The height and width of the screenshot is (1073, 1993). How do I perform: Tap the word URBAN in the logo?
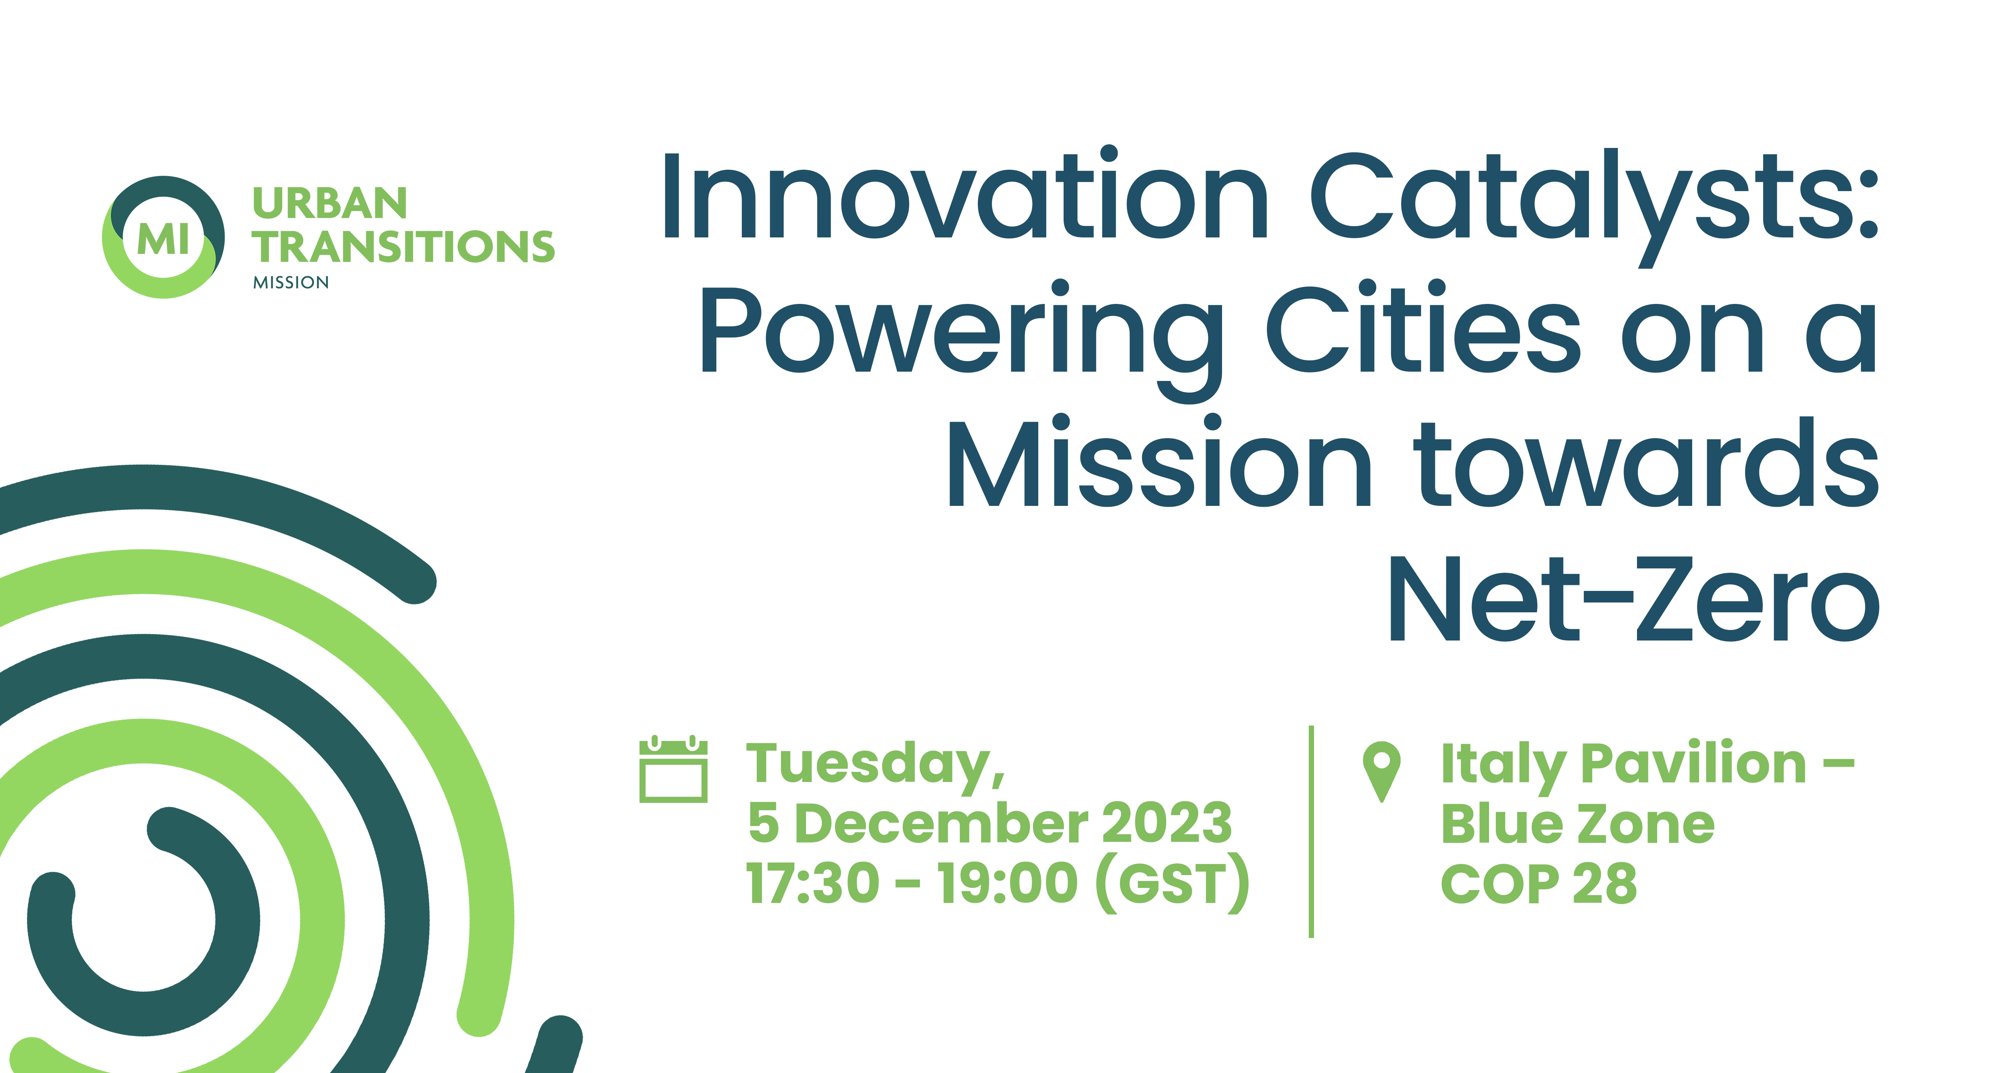tap(329, 204)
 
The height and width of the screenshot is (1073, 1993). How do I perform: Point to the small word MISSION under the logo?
tap(291, 283)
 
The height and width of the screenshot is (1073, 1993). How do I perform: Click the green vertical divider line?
tap(1311, 832)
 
